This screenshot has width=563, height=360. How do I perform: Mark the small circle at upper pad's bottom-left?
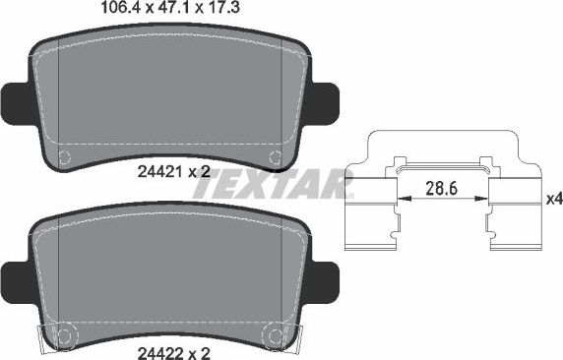tap(66, 157)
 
